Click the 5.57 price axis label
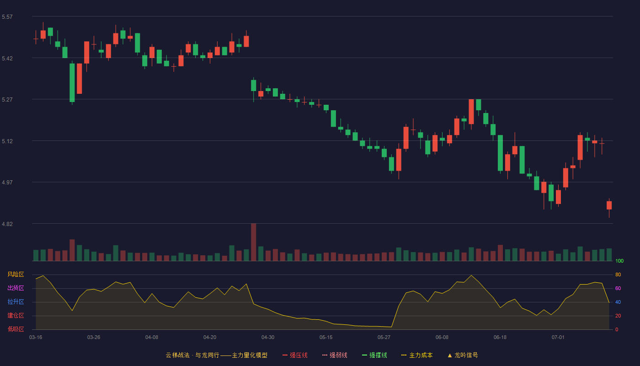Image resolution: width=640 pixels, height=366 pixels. [x=7, y=17]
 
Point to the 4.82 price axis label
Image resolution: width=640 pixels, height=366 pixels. [x=7, y=224]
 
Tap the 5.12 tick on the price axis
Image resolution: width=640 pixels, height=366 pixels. [x=7, y=141]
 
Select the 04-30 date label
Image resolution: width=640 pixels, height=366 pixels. [x=268, y=338]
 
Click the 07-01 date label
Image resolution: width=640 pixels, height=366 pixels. [x=558, y=338]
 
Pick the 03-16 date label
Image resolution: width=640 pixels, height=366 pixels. [x=36, y=338]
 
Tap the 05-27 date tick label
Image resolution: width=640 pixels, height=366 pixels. [x=384, y=338]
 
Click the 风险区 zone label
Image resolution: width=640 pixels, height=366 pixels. [x=16, y=274]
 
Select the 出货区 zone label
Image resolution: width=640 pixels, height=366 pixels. [x=16, y=288]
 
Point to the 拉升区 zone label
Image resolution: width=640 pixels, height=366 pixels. [x=16, y=301]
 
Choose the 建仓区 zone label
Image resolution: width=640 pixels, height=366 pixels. [x=16, y=315]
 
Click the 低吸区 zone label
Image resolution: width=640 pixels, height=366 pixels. [x=16, y=329]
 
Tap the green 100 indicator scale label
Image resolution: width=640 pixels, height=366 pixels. [x=619, y=261]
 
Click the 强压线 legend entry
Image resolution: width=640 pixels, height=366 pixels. [x=295, y=355]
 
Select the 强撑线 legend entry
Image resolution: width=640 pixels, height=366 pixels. [x=374, y=355]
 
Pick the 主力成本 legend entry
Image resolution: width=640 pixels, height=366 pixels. [x=417, y=355]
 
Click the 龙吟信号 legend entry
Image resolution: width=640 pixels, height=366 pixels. [x=463, y=355]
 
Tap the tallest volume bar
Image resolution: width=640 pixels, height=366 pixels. [x=253, y=242]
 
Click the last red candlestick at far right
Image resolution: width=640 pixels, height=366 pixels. [x=609, y=205]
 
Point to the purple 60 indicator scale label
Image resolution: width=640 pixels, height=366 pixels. [x=618, y=288]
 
